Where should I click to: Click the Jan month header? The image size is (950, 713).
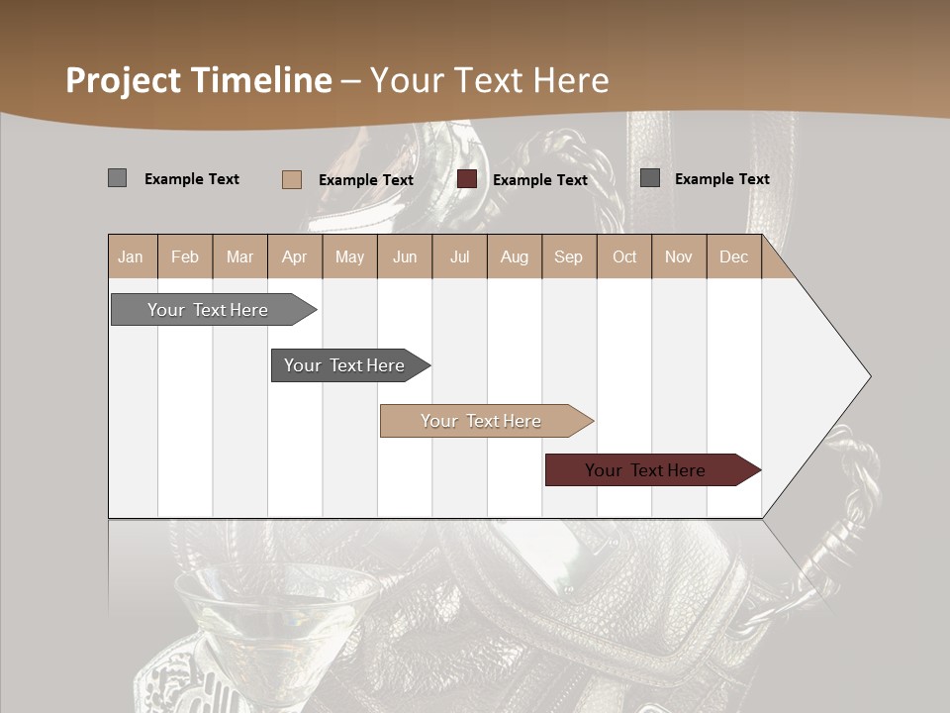131,257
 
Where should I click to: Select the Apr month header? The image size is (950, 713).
295,257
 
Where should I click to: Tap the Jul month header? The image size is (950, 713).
459,257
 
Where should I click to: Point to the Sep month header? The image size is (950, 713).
568,257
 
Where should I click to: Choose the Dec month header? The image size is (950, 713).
733,257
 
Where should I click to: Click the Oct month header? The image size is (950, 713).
624,257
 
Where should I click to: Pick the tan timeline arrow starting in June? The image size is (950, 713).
482,421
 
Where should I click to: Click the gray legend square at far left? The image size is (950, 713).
117,178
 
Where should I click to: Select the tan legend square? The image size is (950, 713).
291,179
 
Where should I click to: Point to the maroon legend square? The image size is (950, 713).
467,179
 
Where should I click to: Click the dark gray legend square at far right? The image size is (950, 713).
650,178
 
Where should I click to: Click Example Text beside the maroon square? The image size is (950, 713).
540,180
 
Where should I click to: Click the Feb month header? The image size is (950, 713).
185,257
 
